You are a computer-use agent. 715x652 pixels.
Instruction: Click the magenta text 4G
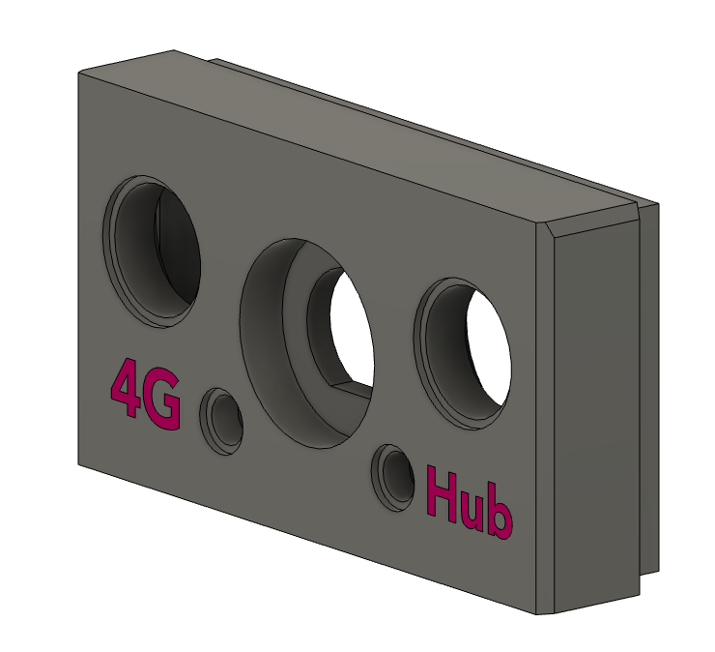(145, 394)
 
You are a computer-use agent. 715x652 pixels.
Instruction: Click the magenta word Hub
(470, 503)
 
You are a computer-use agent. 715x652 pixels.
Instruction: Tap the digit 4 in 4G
(125, 387)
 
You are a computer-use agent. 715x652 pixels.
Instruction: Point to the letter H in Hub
(442, 495)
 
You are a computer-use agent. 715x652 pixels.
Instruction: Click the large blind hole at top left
(152, 251)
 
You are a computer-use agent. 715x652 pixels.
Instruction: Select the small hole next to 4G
(221, 421)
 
